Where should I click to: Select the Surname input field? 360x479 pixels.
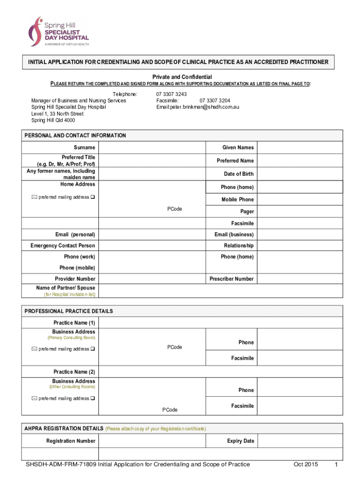point(152,148)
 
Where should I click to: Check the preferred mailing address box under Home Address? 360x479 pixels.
point(93,197)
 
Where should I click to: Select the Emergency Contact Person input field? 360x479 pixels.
point(152,246)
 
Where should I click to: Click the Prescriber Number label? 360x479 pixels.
point(231,279)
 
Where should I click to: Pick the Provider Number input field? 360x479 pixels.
point(152,279)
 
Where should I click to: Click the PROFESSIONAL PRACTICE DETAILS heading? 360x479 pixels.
point(68,311)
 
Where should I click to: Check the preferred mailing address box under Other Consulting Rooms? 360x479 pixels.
point(93,399)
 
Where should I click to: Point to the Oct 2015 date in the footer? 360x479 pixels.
point(305,464)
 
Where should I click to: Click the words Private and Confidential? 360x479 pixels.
point(182,77)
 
